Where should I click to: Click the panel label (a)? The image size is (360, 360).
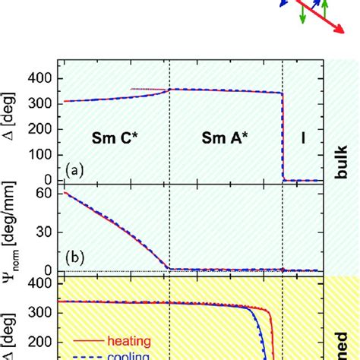pyautogui.click(x=74, y=171)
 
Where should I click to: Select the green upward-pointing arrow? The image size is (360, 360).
pyautogui.click(x=324, y=8)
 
